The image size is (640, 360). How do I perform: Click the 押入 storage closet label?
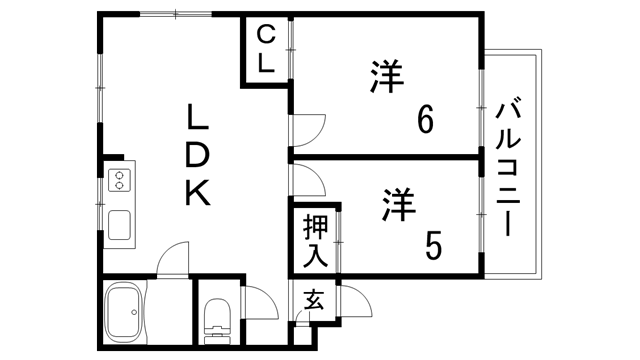click(315, 240)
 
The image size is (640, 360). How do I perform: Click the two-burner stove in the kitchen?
click(120, 181)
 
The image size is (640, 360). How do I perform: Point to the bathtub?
click(126, 313)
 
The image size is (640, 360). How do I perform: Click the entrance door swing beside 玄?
click(352, 301)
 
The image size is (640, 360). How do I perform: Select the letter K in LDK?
click(197, 190)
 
